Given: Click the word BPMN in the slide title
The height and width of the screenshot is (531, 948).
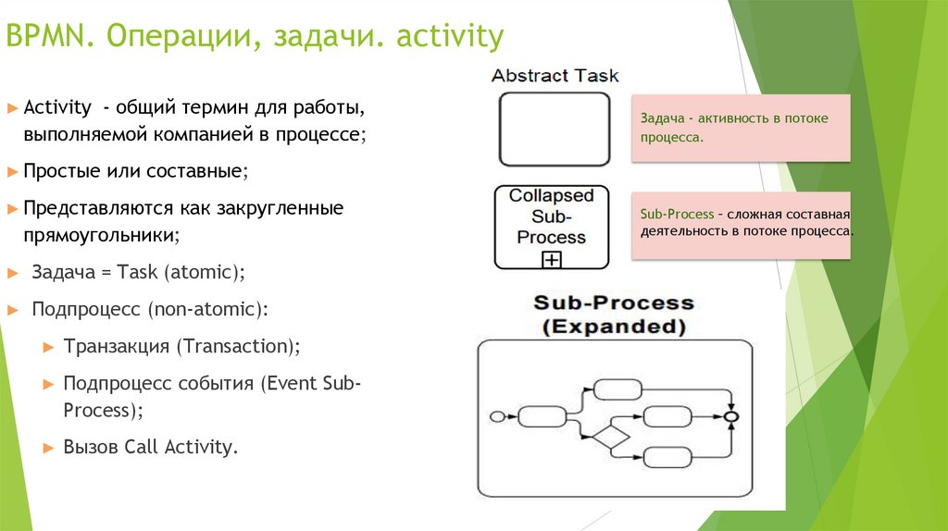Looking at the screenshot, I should pos(47,38).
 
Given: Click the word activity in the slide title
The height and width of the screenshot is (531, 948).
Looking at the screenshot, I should pos(450,38).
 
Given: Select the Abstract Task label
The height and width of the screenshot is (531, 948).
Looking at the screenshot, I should pos(555,76).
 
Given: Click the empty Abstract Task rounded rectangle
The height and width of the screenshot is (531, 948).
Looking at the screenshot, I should pos(555,129).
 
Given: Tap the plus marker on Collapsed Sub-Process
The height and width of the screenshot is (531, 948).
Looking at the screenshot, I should pos(552,260).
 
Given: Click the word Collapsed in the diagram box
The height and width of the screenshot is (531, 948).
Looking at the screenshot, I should pos(552,196).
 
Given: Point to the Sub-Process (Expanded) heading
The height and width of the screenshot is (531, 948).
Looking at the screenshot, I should pos(613,315).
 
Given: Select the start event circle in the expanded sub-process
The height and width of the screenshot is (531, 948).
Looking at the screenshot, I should pos(496,416).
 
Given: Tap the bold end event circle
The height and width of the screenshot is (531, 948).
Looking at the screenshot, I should pos(732,417).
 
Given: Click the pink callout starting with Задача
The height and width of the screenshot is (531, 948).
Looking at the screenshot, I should pos(741,128).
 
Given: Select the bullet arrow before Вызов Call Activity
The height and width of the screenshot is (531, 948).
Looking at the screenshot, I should pos(50,448).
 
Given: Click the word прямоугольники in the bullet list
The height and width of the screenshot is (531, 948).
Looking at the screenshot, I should pos(102,236).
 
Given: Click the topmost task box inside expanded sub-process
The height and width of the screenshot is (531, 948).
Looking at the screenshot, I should pos(617,389).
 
